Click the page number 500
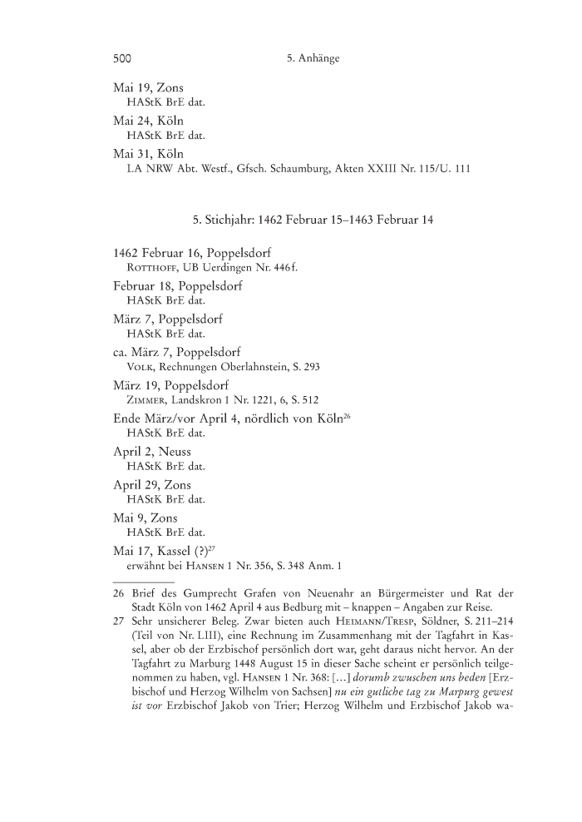(123, 59)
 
